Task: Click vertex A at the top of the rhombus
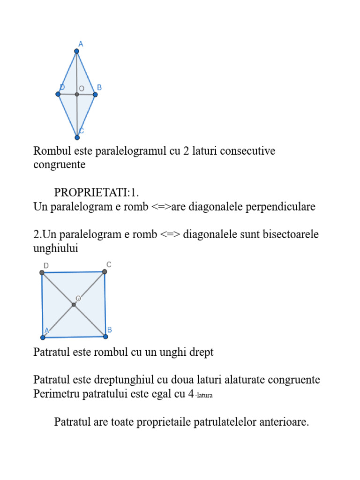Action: pyautogui.click(x=77, y=51)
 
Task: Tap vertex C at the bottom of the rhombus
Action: pyautogui.click(x=77, y=137)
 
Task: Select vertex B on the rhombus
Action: pyautogui.click(x=95, y=95)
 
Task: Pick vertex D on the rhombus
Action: pyautogui.click(x=58, y=94)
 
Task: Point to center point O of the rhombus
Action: pyautogui.click(x=77, y=95)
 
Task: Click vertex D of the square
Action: pyautogui.click(x=42, y=272)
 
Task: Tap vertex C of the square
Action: pyautogui.click(x=105, y=271)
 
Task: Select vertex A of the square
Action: pyautogui.click(x=43, y=337)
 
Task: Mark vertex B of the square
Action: pyautogui.click(x=105, y=336)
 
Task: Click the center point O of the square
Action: pyautogui.click(x=74, y=305)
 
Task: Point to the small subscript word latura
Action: pyautogui.click(x=204, y=396)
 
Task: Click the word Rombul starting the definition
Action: pyautogui.click(x=49, y=151)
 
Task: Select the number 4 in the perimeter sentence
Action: pyautogui.click(x=191, y=394)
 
